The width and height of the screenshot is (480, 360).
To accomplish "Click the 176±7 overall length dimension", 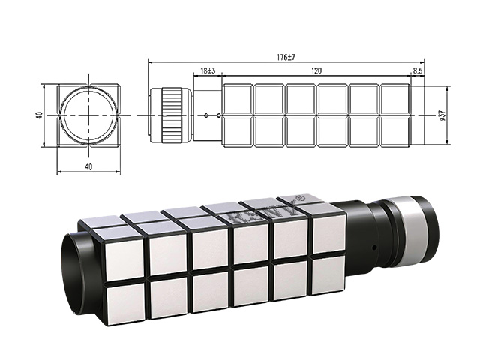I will coord(286,56).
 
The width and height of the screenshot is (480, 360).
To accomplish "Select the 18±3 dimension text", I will coord(208,70).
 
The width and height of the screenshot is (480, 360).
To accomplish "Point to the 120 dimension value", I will coord(317,70).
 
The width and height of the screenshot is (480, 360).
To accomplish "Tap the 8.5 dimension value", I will coord(417,70).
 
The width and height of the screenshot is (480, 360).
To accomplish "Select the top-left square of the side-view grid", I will coord(238,99).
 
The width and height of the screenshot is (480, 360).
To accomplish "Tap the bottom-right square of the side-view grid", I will coord(394,130).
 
